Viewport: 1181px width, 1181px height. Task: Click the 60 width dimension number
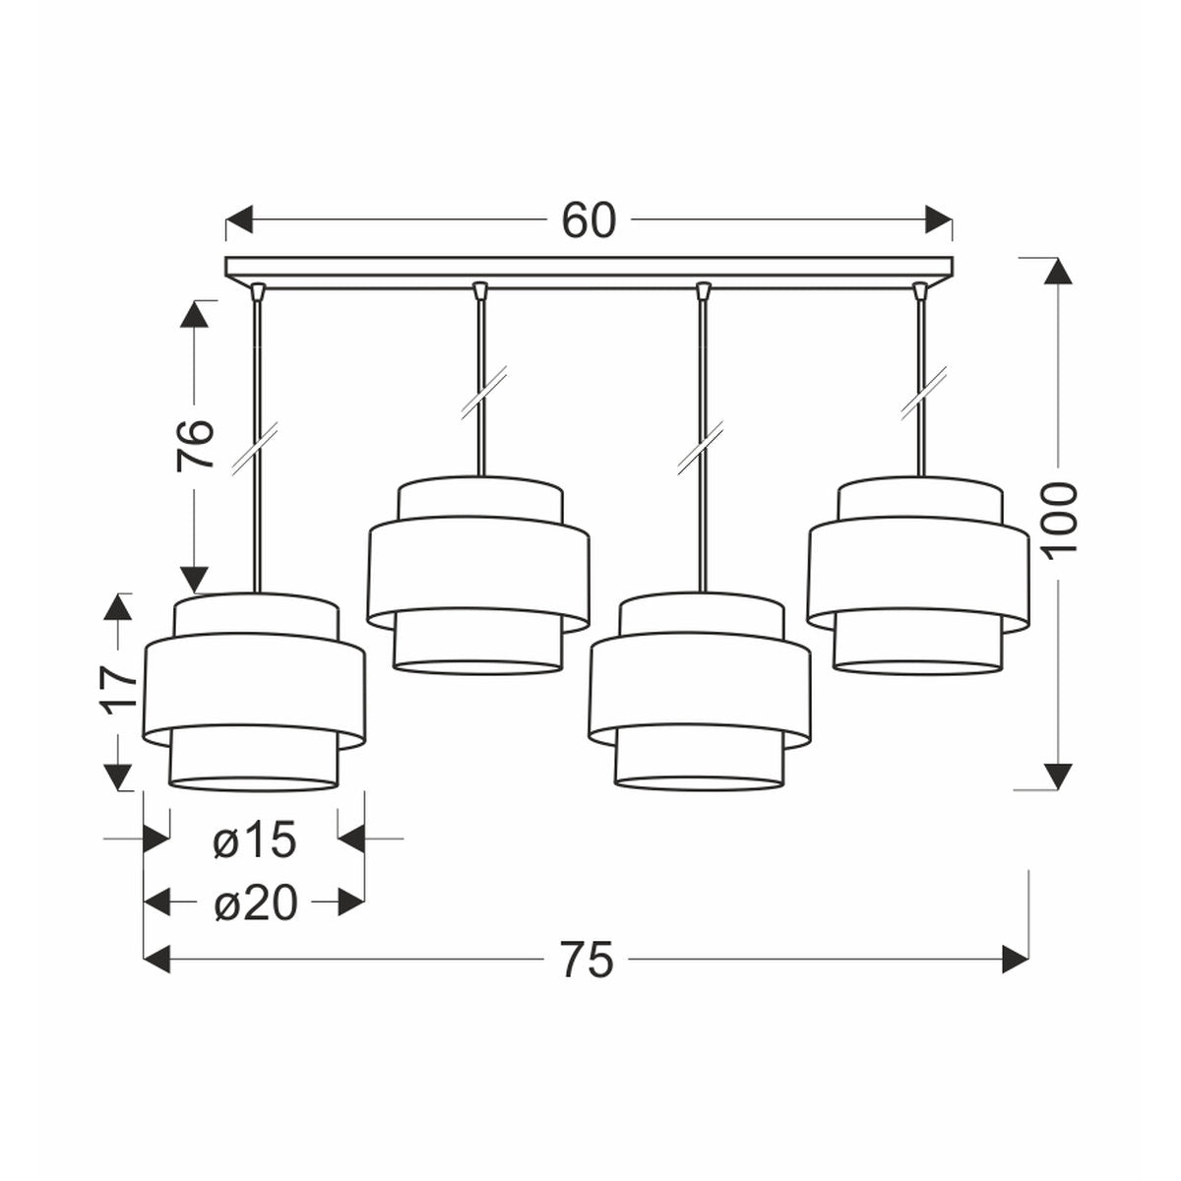point(588,219)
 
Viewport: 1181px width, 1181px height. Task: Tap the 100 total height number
point(1058,521)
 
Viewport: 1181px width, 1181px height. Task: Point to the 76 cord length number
point(196,445)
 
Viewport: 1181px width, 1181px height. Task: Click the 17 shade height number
point(119,690)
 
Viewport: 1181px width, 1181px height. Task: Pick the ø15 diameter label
point(254,839)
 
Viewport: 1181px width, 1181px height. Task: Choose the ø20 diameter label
point(256,903)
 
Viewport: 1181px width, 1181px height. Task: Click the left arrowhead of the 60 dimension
point(239,219)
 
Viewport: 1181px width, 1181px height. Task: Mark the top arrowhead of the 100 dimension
point(1058,271)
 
